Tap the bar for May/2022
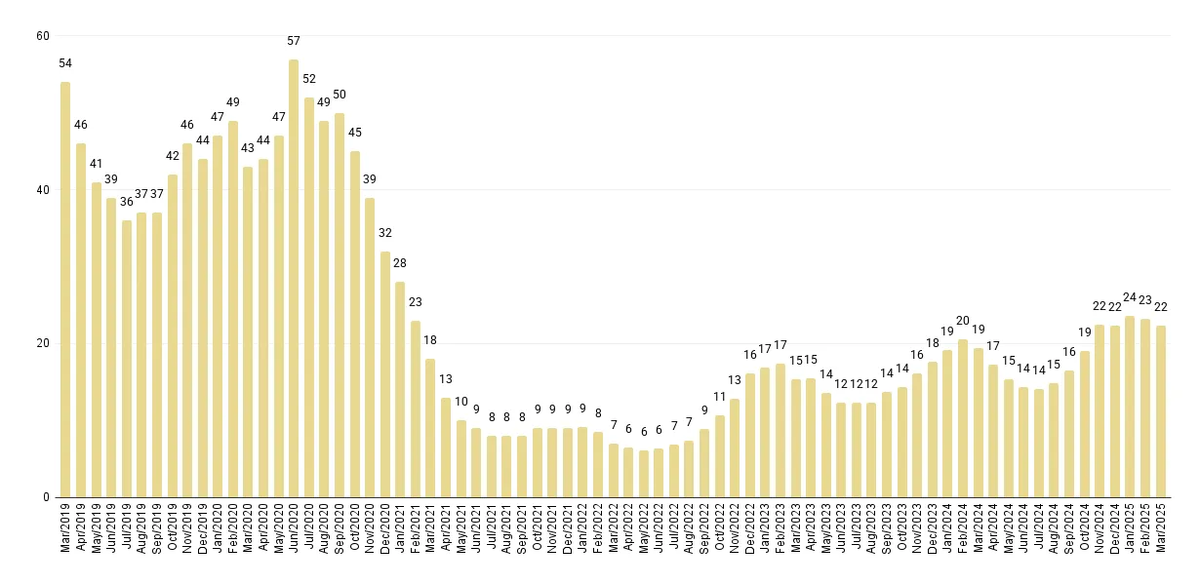pyautogui.click(x=644, y=474)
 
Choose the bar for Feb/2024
pyautogui.click(x=963, y=418)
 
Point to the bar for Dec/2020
pyautogui.click(x=385, y=374)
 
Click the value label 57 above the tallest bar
pyautogui.click(x=294, y=41)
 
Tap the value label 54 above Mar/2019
pyautogui.click(x=65, y=63)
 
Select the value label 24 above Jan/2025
pyautogui.click(x=1131, y=297)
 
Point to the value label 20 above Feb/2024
pyautogui.click(x=963, y=321)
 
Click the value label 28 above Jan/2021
pyautogui.click(x=400, y=263)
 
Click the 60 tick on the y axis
pyautogui.click(x=42, y=36)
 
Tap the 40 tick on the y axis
pyautogui.click(x=42, y=190)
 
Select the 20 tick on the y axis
pyautogui.click(x=42, y=343)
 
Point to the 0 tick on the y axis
pyautogui.click(x=46, y=497)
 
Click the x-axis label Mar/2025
pyautogui.click(x=1161, y=528)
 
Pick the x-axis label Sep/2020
pyautogui.click(x=340, y=528)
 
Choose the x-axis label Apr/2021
pyautogui.click(x=446, y=528)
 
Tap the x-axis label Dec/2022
pyautogui.click(x=750, y=528)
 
